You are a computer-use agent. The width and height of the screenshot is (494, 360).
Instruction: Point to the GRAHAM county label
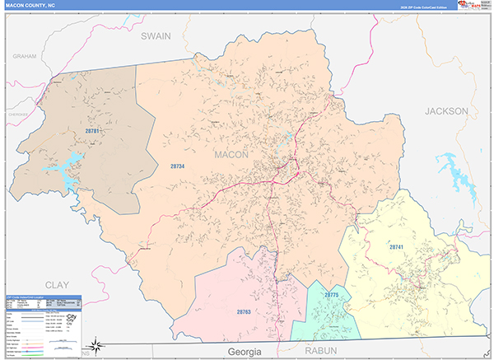(x=26, y=55)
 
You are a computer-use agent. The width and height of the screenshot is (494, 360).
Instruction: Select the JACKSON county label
(x=446, y=110)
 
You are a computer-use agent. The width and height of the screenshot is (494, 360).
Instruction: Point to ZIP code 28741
(x=399, y=246)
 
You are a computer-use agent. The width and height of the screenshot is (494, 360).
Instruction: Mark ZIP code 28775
(x=332, y=294)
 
